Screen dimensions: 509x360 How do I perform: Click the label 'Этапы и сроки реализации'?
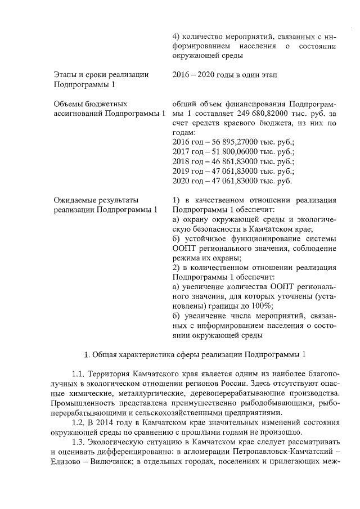click(x=101, y=74)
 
